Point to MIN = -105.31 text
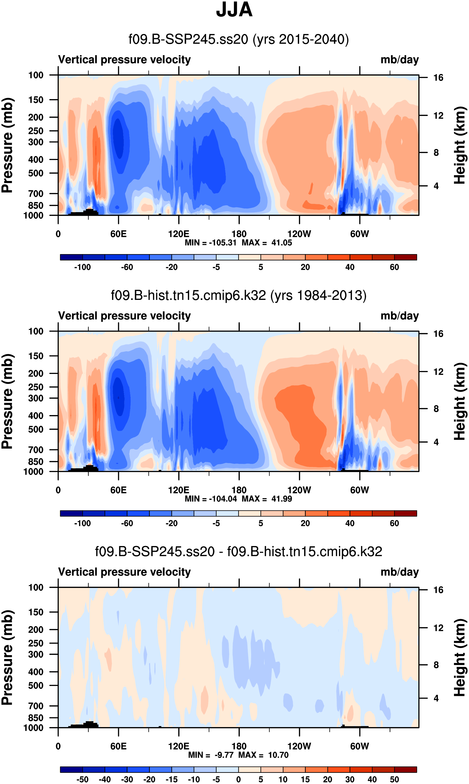(x=210, y=243)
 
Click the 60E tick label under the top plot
(x=118, y=234)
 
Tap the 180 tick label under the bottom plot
(x=239, y=746)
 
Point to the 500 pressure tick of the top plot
(x=36, y=173)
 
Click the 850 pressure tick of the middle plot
(x=36, y=462)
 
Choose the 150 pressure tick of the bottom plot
(x=36, y=612)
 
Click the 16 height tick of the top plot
(x=438, y=78)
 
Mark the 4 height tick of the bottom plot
(x=436, y=698)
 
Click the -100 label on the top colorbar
(x=83, y=267)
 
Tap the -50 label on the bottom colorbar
(x=83, y=779)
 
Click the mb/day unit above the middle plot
(x=399, y=316)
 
